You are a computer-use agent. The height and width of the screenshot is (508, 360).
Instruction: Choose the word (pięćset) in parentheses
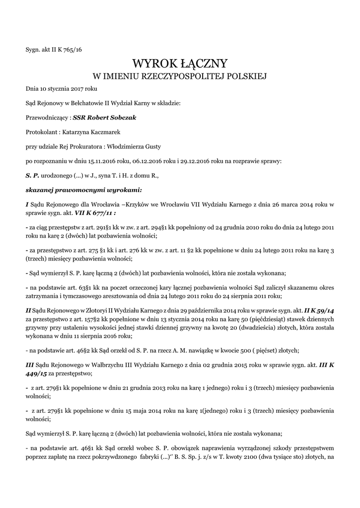[x=266, y=350]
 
